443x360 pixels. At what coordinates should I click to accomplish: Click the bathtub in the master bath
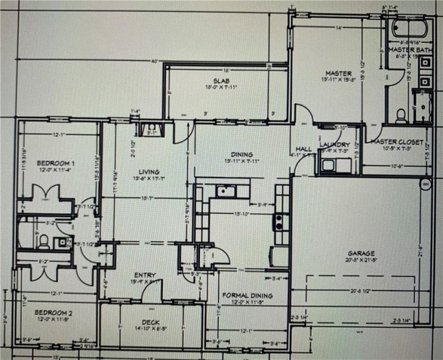click(x=409, y=28)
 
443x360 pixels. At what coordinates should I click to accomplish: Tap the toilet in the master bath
click(x=401, y=115)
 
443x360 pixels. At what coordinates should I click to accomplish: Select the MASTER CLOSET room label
click(x=396, y=142)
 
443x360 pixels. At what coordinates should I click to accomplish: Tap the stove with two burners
click(x=279, y=222)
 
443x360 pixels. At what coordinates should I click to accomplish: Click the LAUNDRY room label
click(x=335, y=145)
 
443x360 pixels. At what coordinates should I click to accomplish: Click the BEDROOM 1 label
click(x=55, y=163)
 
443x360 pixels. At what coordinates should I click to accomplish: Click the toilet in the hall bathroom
click(x=43, y=240)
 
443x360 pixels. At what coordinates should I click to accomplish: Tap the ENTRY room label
click(x=145, y=275)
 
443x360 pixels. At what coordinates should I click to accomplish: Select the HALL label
click(x=303, y=149)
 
